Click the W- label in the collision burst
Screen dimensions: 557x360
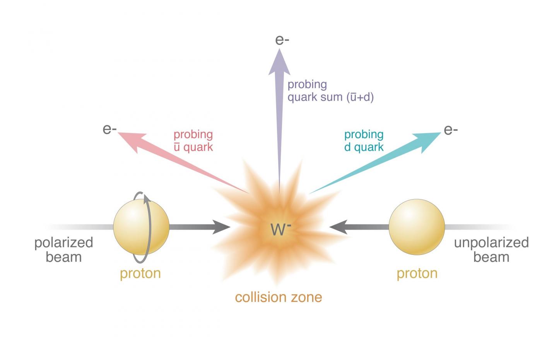pos(280,229)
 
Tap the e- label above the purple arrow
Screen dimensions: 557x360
pos(282,40)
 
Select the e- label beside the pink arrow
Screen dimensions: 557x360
pos(110,130)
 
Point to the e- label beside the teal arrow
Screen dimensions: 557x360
pos(451,130)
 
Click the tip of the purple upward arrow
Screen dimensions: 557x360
pos(279,49)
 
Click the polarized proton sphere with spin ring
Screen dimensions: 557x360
pos(141,227)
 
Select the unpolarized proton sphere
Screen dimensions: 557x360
pos(417,227)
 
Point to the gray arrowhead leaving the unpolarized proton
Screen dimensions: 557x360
pos(338,227)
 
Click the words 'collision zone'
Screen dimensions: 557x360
pos(278,297)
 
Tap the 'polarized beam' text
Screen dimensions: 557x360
pos(64,250)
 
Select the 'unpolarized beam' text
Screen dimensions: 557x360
pos(491,250)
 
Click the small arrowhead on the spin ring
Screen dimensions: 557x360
pos(147,198)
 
